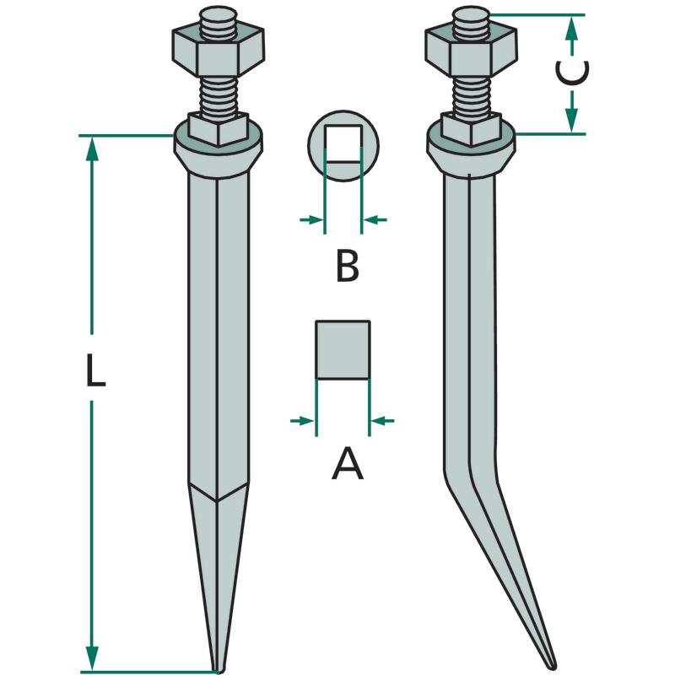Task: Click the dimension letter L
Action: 95,370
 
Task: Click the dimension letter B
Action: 348,267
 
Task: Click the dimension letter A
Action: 348,463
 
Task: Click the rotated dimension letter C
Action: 572,72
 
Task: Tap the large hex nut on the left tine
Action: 219,51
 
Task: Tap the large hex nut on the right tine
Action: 472,51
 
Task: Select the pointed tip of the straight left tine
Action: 219,671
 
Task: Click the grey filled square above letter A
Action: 343,349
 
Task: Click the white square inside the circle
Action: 343,143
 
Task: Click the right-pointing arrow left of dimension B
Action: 311,220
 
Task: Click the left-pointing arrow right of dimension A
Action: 382,420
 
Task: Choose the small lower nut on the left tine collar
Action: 219,128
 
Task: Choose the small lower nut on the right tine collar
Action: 472,128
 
